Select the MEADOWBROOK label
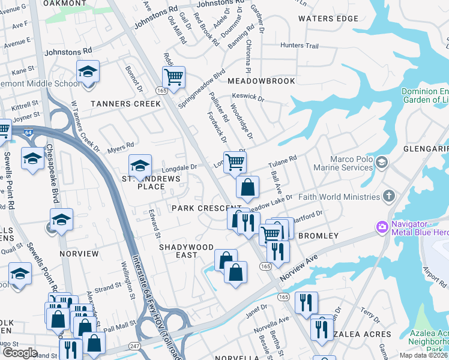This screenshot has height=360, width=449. [x=261, y=81]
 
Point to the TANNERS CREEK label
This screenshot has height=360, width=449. [x=125, y=104]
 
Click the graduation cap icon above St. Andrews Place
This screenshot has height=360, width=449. [x=140, y=165]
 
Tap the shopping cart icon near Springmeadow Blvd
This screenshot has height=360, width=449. [x=173, y=76]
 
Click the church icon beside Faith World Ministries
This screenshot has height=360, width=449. [x=389, y=196]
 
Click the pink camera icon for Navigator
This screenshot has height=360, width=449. [x=381, y=227]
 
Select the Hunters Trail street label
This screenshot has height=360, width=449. [x=303, y=46]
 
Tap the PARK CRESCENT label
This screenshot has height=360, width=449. [x=198, y=208]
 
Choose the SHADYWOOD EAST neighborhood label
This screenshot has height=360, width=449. [x=186, y=251]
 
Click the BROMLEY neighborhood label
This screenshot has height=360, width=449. [x=318, y=236]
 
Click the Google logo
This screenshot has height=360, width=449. [x=20, y=353]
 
